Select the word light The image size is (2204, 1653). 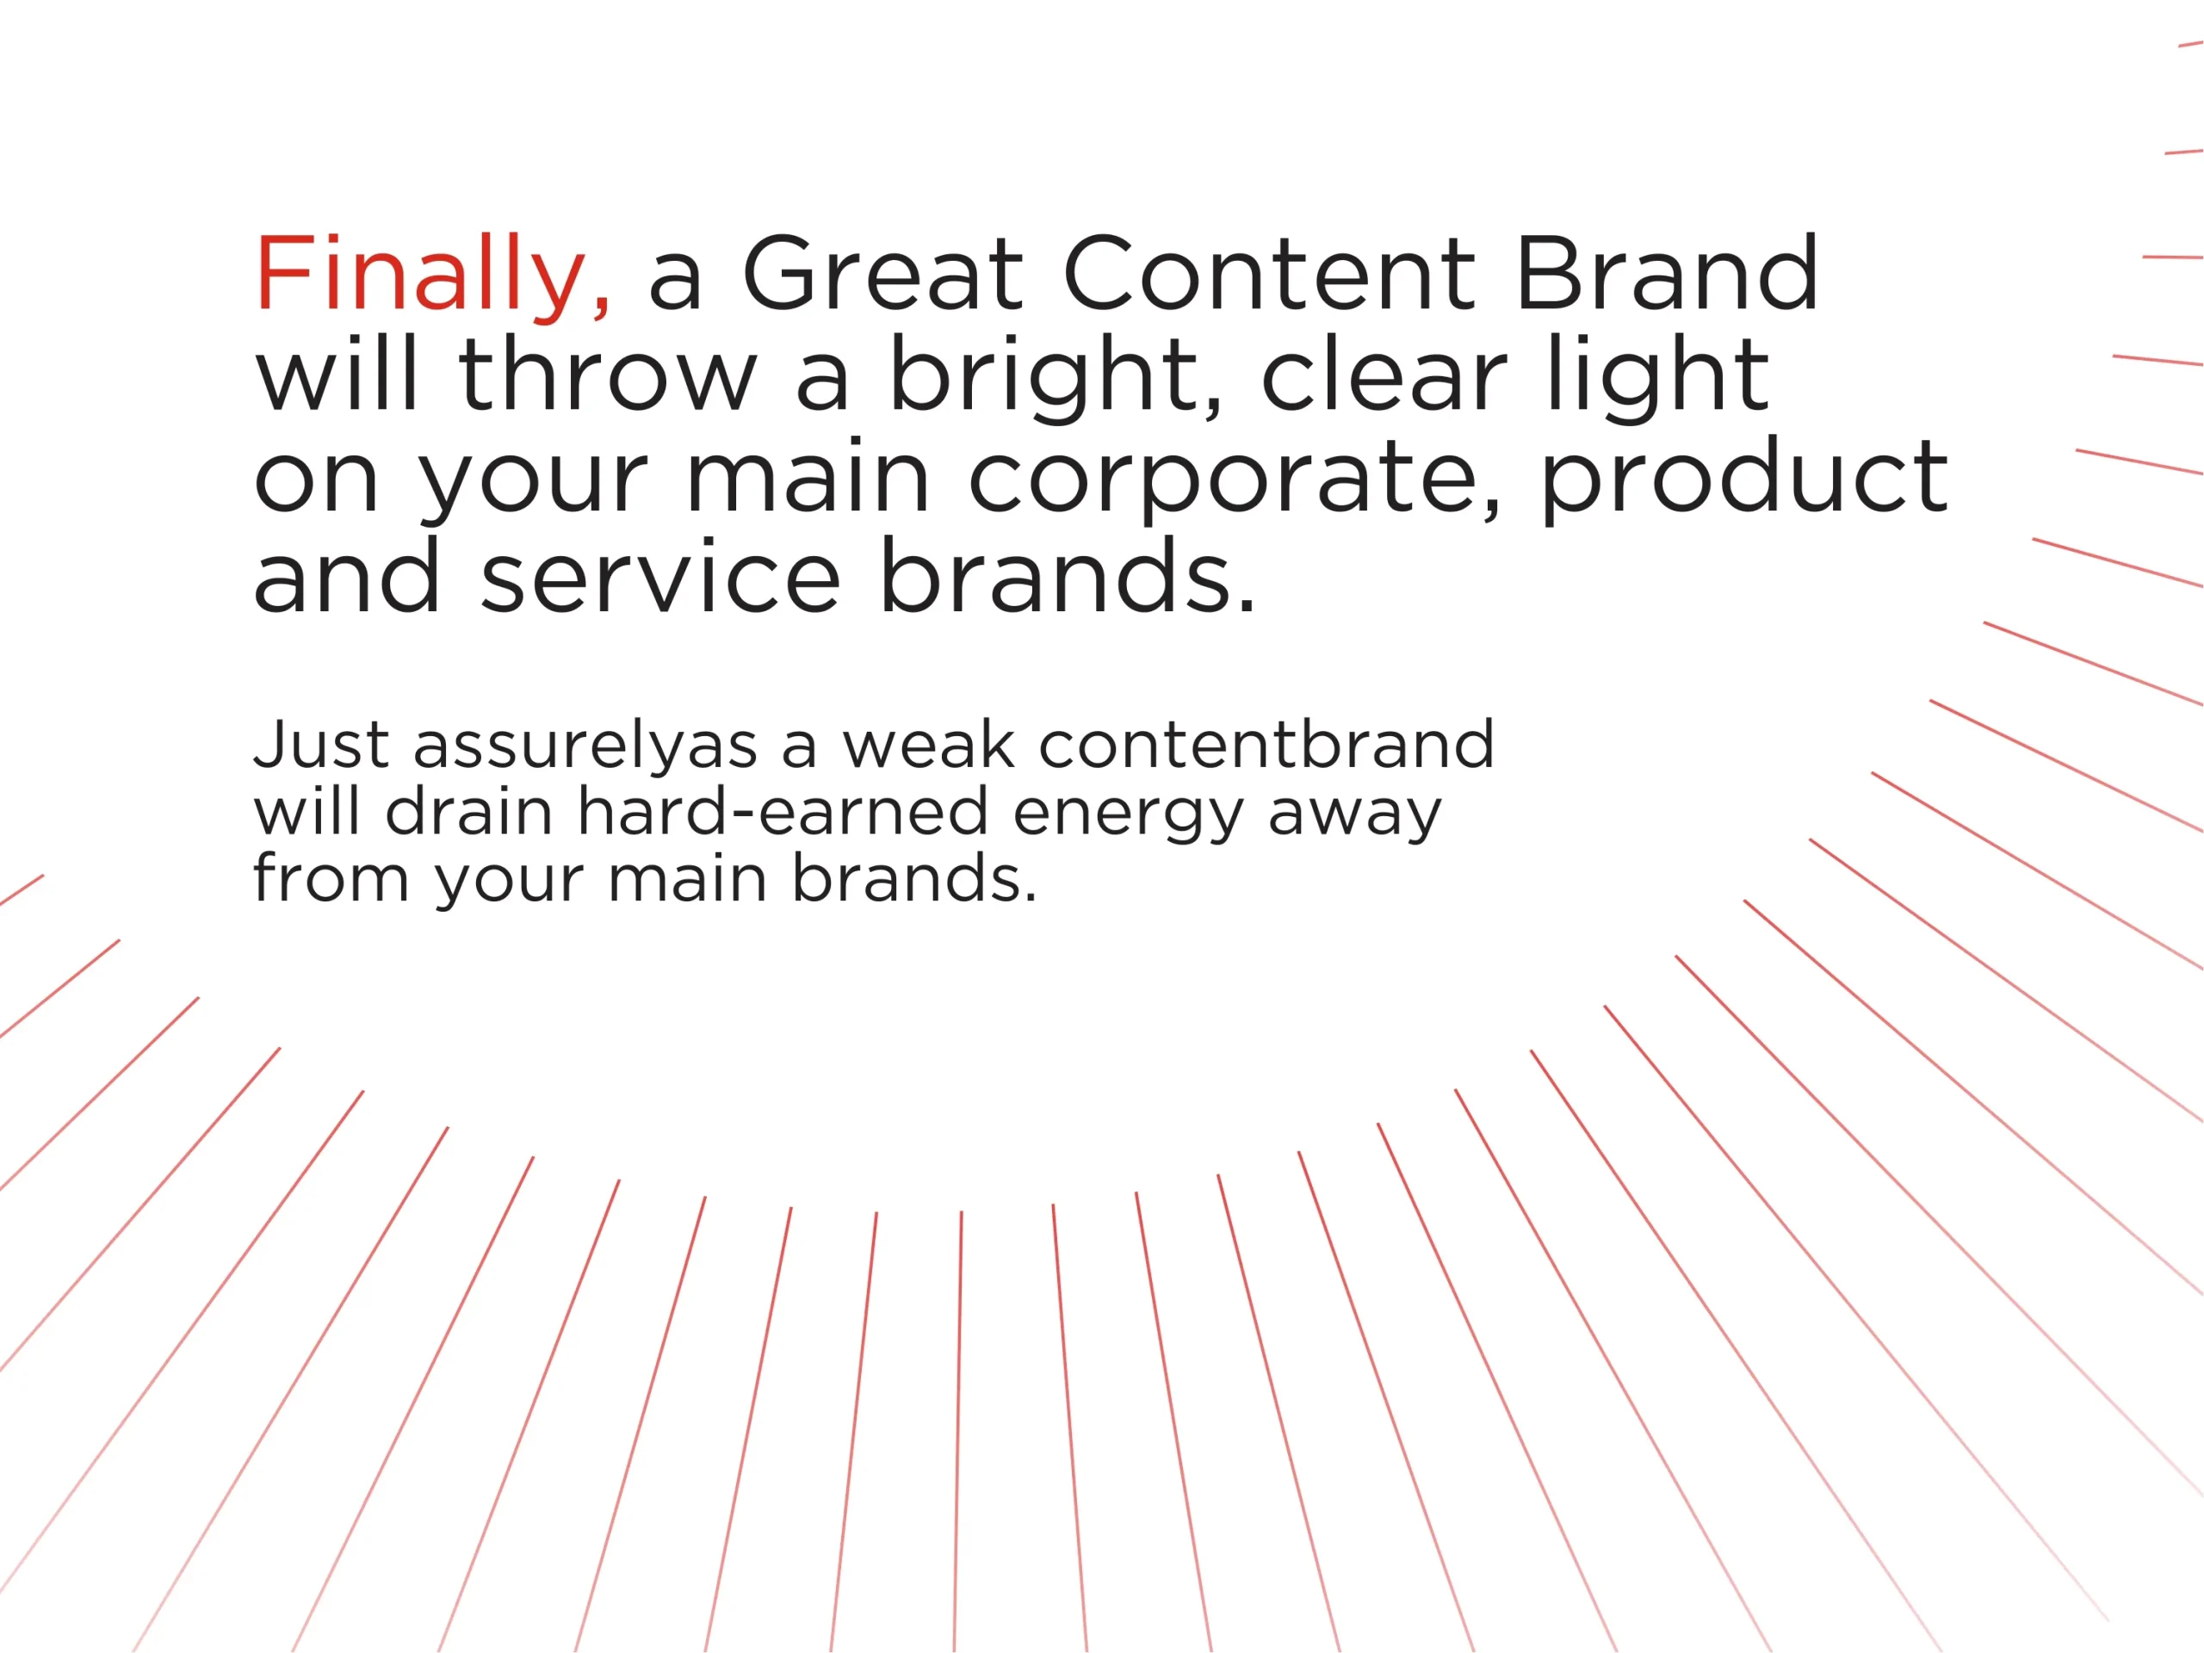[x=1658, y=378]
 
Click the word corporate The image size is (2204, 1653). [x=1235, y=480]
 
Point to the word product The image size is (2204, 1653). [x=1743, y=480]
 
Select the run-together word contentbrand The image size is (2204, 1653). [x=1266, y=745]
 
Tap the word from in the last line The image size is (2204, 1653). [x=331, y=878]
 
